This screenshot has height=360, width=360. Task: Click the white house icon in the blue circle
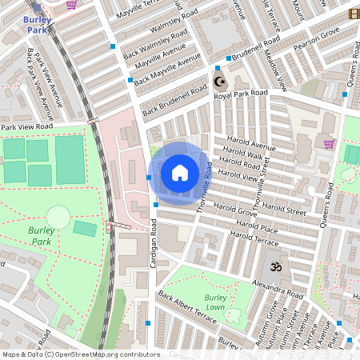pyautogui.click(x=180, y=172)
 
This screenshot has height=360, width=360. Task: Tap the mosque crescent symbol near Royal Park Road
pyautogui.click(x=219, y=82)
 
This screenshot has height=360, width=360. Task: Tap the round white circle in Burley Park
pyautogui.click(x=58, y=216)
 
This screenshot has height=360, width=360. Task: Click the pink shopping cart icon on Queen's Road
pyautogui.click(x=329, y=144)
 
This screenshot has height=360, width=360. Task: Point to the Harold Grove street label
pyautogui.click(x=235, y=213)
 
